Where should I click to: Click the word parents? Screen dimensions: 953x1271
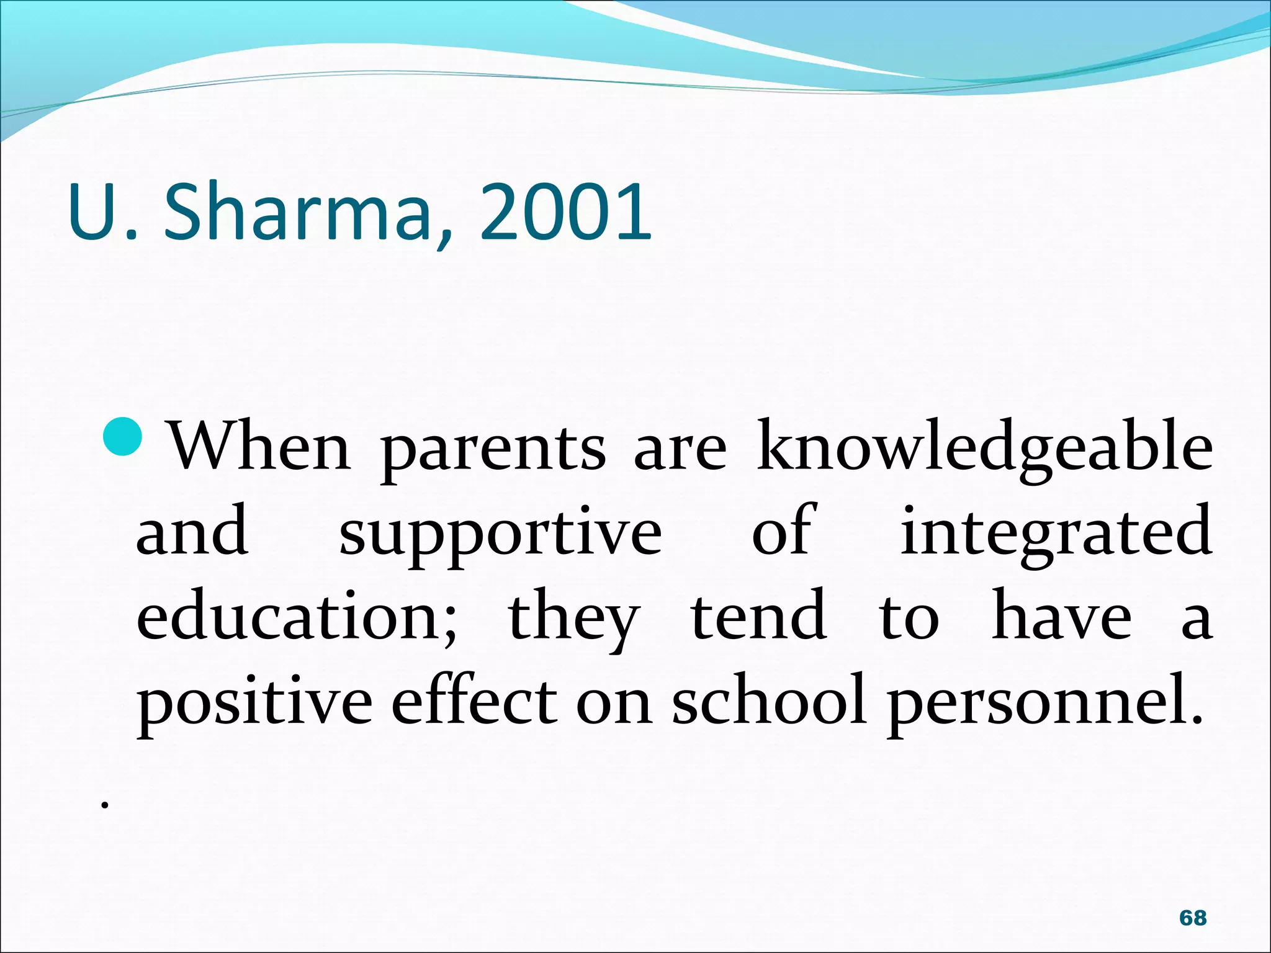493,450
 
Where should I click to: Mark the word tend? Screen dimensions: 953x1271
759,615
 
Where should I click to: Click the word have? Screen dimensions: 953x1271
1062,615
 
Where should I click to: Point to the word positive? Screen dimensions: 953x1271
254,702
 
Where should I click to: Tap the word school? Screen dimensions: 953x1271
769,699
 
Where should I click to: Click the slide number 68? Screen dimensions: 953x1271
1193,918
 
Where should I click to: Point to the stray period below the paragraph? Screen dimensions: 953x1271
106,805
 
